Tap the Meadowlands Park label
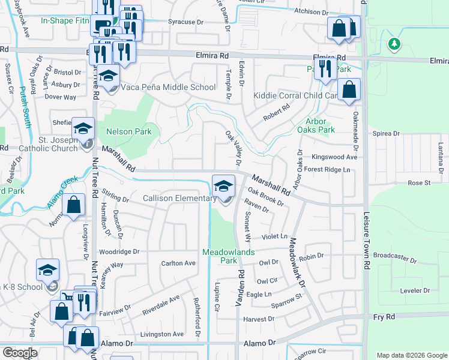(x=229, y=256)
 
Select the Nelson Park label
(x=129, y=131)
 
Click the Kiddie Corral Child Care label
(x=296, y=95)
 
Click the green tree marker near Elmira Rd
(x=394, y=44)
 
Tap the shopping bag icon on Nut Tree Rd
(x=73, y=205)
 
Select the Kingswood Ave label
(x=334, y=157)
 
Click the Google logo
(x=20, y=353)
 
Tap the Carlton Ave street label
(x=178, y=263)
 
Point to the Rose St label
(x=419, y=182)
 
